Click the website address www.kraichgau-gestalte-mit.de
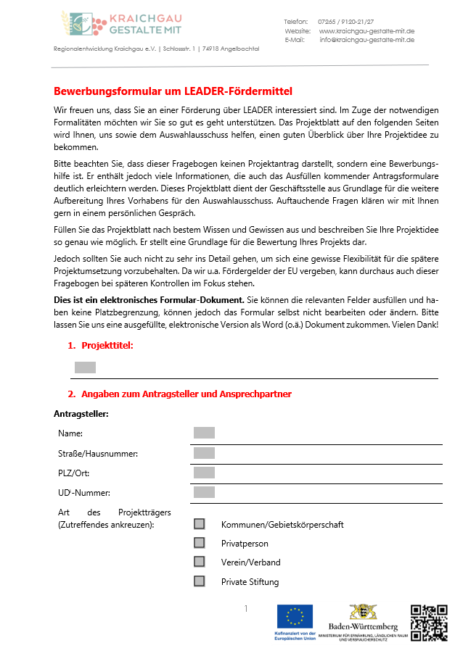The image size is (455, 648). click(366, 31)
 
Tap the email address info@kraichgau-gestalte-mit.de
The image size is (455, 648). click(366, 40)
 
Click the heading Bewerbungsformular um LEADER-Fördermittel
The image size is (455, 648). click(173, 91)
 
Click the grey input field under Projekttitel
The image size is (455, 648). click(85, 367)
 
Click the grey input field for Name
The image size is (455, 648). click(204, 433)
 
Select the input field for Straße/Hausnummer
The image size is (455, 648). click(204, 453)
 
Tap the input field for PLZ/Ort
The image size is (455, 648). click(204, 473)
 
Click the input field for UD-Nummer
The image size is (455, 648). click(204, 492)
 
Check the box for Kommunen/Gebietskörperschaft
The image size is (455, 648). click(200, 524)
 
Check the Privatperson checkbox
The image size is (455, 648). click(200, 543)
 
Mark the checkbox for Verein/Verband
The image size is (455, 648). click(200, 562)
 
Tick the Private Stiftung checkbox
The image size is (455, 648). click(200, 581)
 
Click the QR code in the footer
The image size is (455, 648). click(428, 621)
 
